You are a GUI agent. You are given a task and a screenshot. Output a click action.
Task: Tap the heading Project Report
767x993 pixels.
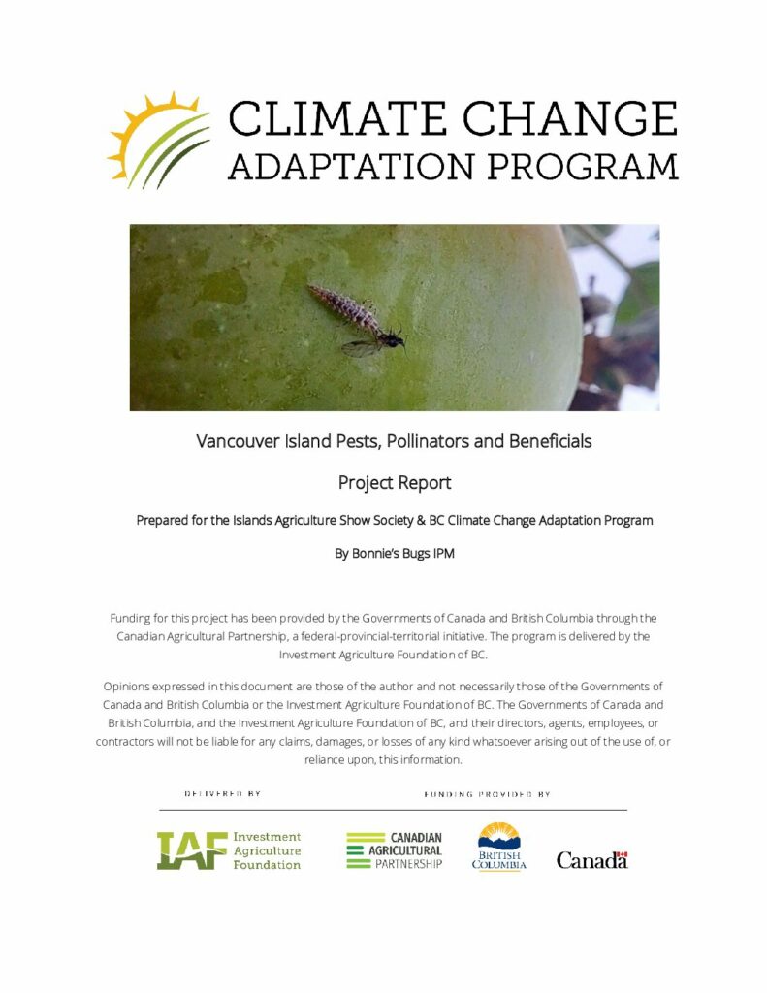[394, 482]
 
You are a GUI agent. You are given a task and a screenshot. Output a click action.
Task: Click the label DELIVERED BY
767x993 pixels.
[222, 794]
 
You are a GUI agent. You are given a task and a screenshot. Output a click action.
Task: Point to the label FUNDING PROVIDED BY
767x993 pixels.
[487, 794]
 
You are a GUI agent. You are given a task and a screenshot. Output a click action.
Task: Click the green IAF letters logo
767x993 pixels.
[191, 850]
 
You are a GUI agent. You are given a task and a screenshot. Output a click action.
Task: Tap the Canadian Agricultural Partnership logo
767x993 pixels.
[394, 850]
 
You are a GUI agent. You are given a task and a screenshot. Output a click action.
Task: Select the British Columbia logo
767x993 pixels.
[499, 847]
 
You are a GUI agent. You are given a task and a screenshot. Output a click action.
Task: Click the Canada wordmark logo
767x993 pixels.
[591, 860]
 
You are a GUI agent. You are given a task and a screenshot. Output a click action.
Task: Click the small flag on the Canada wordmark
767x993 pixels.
[623, 854]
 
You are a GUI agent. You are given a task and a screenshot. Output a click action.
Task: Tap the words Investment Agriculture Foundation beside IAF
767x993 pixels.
[267, 850]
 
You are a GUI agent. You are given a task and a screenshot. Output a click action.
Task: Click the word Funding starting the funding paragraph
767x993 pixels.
[133, 618]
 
